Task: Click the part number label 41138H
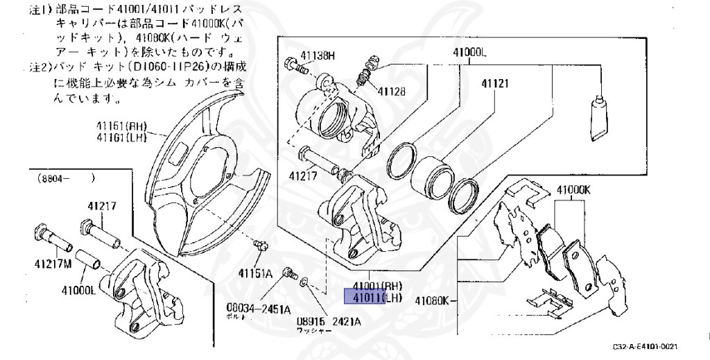[318, 55]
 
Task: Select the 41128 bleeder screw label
[392, 91]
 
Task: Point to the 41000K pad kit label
[571, 189]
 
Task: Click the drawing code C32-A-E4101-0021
[644, 346]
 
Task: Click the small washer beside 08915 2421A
[304, 282]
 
